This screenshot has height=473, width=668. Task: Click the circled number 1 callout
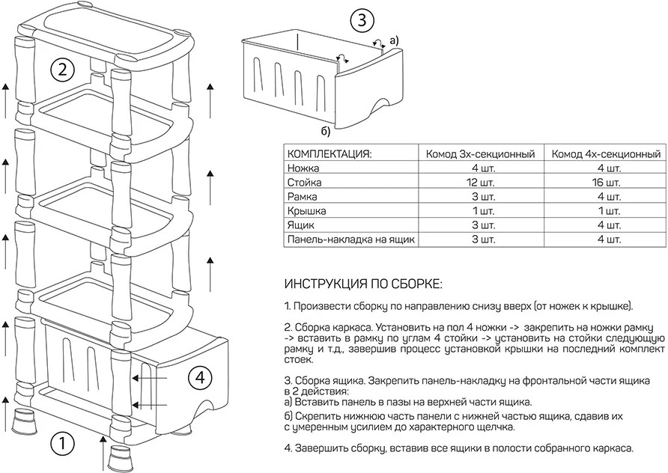click(x=62, y=445)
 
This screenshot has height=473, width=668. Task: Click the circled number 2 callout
click(x=62, y=70)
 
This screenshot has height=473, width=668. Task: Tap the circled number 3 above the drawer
click(x=361, y=20)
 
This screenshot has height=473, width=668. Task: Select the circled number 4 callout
click(x=199, y=378)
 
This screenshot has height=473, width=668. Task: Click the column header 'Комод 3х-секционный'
click(x=480, y=154)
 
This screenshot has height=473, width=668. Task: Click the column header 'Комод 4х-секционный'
click(x=605, y=154)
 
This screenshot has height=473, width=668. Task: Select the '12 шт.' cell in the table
click(x=480, y=183)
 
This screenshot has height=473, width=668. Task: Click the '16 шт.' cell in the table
click(x=605, y=183)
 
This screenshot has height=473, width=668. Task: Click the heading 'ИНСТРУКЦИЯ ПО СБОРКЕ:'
click(x=363, y=285)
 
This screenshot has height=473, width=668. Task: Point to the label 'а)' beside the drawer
click(x=395, y=39)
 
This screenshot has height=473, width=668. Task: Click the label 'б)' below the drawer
click(x=326, y=132)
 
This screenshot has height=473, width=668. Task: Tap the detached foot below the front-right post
click(x=119, y=457)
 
